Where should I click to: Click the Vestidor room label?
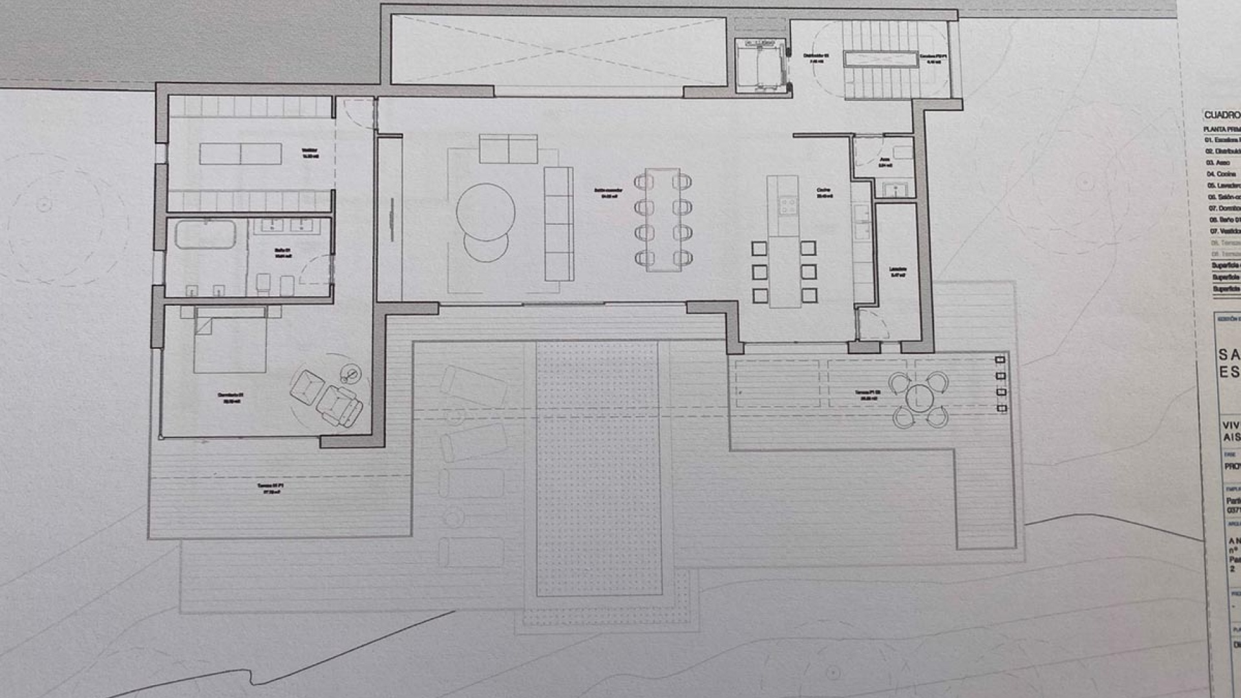pyautogui.click(x=310, y=153)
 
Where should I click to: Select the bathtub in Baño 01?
pyautogui.click(x=206, y=235)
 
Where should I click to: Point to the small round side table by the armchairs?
pyautogui.click(x=351, y=373)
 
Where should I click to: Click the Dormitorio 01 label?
pyautogui.click(x=231, y=397)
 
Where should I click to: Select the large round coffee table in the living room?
pyautogui.click(x=485, y=213)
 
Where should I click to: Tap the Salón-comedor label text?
pyautogui.click(x=608, y=193)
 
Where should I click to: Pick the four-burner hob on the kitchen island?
pyautogui.click(x=788, y=206)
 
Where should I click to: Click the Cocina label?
pyautogui.click(x=824, y=192)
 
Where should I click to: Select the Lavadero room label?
pyautogui.click(x=897, y=271)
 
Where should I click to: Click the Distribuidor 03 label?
pyautogui.click(x=816, y=58)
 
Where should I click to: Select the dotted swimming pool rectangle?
pyautogui.click(x=599, y=469)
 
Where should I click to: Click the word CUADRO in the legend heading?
pyautogui.click(x=1222, y=115)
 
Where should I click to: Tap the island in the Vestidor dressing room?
pyautogui.click(x=240, y=154)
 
